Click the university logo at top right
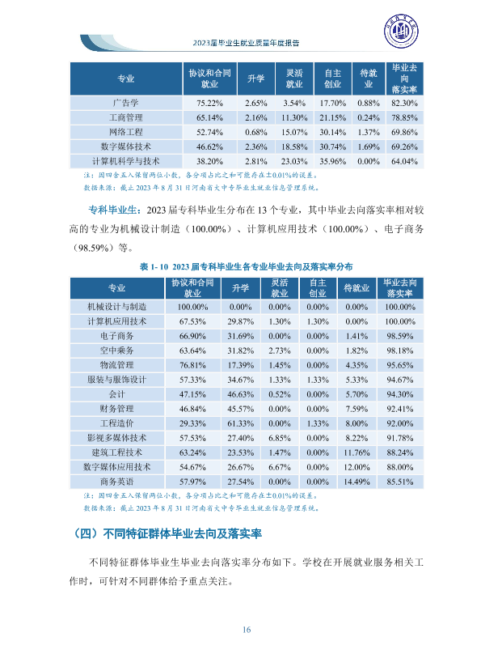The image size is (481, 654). pos(401,31)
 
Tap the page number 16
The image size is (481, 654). pos(246,630)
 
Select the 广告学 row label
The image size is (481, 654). pos(126,103)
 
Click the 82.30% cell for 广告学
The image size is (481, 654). pos(404,103)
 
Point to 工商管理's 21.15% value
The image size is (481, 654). pos(332,117)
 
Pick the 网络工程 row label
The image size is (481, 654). pos(126,132)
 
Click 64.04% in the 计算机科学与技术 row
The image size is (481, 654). pos(404,161)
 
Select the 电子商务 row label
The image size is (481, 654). pos(117,336)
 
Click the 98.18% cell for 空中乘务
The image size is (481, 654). pos(400,350)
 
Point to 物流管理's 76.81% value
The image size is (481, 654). pos(192,365)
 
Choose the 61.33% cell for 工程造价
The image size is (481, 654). pos(240,423)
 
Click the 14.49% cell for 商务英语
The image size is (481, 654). pos(357,482)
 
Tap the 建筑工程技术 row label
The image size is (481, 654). pos(117,452)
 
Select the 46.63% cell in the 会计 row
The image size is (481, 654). pos(240,394)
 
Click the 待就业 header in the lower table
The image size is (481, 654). pos(357,288)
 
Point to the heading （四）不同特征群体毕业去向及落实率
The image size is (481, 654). pos(167,533)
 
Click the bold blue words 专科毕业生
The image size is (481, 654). pos(112,210)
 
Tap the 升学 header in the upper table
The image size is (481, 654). pos(255,79)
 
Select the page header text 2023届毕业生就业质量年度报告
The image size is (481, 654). pos(246,43)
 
